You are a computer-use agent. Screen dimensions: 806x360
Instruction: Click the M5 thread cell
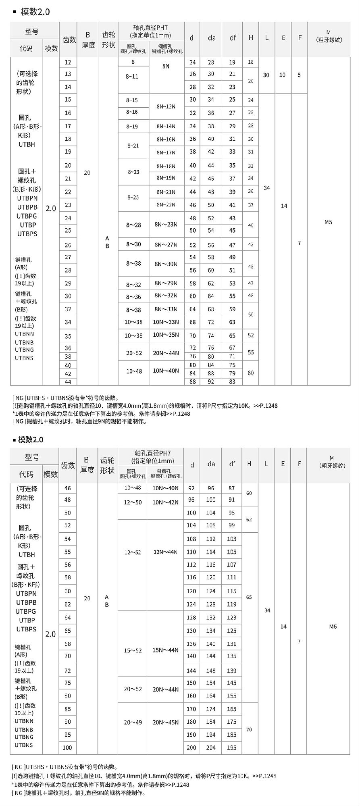tap(328, 222)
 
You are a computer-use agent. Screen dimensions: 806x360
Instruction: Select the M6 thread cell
tap(333, 627)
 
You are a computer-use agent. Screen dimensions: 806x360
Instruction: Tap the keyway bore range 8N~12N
tap(166, 106)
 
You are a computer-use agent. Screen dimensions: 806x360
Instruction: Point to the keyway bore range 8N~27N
tap(166, 244)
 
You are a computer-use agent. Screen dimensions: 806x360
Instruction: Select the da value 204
tap(211, 748)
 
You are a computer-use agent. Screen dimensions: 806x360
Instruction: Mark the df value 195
tap(231, 748)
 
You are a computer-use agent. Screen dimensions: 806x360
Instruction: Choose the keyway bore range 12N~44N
tap(165, 552)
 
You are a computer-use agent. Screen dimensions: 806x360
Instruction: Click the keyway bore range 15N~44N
tap(165, 650)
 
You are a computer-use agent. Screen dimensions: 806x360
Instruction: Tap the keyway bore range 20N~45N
tap(165, 722)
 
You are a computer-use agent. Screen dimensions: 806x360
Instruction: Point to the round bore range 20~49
tap(133, 722)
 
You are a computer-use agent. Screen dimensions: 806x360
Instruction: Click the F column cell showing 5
tap(299, 75)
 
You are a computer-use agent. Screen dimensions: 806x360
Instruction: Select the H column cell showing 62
tap(249, 519)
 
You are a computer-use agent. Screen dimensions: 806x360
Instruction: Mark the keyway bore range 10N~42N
tap(165, 502)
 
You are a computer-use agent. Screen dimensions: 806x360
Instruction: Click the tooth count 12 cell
tap(68, 62)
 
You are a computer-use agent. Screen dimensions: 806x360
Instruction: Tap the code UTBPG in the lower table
tap(26, 611)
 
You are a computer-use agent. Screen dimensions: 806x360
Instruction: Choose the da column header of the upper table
tap(212, 38)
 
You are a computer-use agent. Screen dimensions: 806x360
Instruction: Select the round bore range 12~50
tap(133, 502)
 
